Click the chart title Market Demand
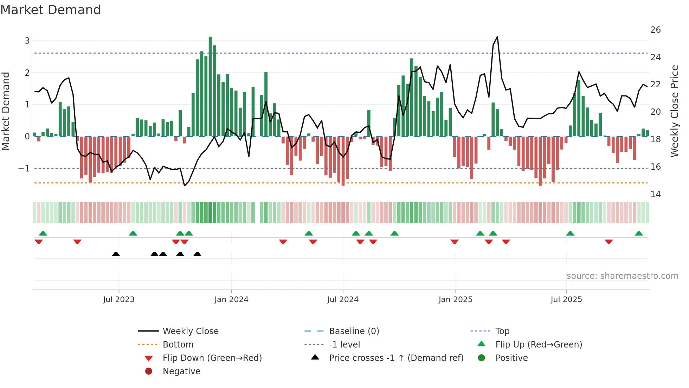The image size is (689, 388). point(51,10)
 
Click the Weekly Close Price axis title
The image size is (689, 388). point(674,111)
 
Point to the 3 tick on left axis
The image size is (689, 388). point(27,41)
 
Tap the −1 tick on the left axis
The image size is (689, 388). point(24,169)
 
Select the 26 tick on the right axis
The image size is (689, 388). point(655,30)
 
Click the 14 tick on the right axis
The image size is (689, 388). point(655,194)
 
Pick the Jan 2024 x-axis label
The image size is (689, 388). point(231,300)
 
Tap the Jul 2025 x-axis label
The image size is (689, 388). point(566,300)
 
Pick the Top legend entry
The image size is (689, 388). point(502,331)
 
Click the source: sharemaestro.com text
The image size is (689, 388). point(622,276)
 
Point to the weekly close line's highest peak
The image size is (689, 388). point(497,37)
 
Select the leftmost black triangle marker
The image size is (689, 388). point(116,254)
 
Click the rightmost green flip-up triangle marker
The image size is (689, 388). point(639,233)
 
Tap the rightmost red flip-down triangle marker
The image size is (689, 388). point(609,242)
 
